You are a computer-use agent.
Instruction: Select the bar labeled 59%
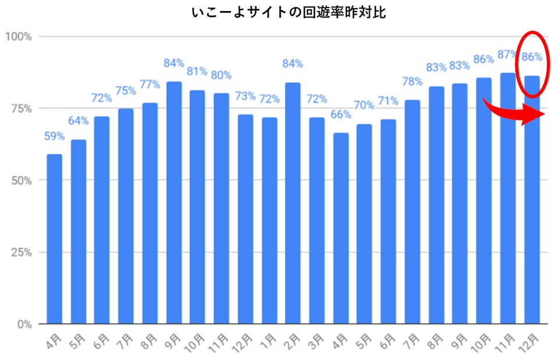point(54,239)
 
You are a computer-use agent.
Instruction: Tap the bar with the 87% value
point(508,198)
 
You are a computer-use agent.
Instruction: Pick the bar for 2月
point(293,203)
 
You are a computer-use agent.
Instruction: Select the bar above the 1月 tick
point(269,220)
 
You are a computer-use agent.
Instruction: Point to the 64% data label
point(78,121)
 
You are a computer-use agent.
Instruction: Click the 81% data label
point(197,72)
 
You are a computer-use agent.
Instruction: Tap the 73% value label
point(245,96)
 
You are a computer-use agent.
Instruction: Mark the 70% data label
point(363,105)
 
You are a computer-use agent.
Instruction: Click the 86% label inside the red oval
point(532,57)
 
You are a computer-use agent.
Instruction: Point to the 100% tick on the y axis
point(19,37)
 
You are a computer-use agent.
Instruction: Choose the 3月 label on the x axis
point(315,341)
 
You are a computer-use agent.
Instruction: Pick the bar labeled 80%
point(221,208)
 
